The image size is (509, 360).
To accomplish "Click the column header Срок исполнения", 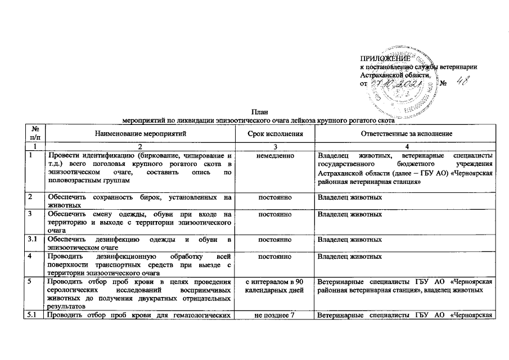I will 276,133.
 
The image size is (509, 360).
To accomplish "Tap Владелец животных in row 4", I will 350,256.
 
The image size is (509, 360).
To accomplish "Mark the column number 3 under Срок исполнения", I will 276,146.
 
